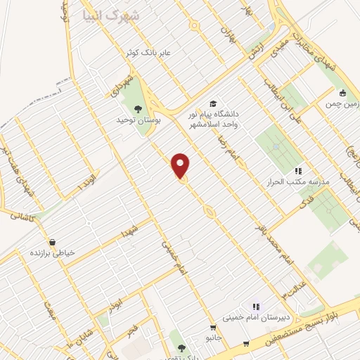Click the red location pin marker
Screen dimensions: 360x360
181,165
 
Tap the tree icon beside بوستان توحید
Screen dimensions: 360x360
138,108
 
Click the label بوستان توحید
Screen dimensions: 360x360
139,120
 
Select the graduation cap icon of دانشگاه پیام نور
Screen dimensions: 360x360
212,103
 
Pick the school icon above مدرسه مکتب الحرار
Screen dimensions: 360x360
297,171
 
